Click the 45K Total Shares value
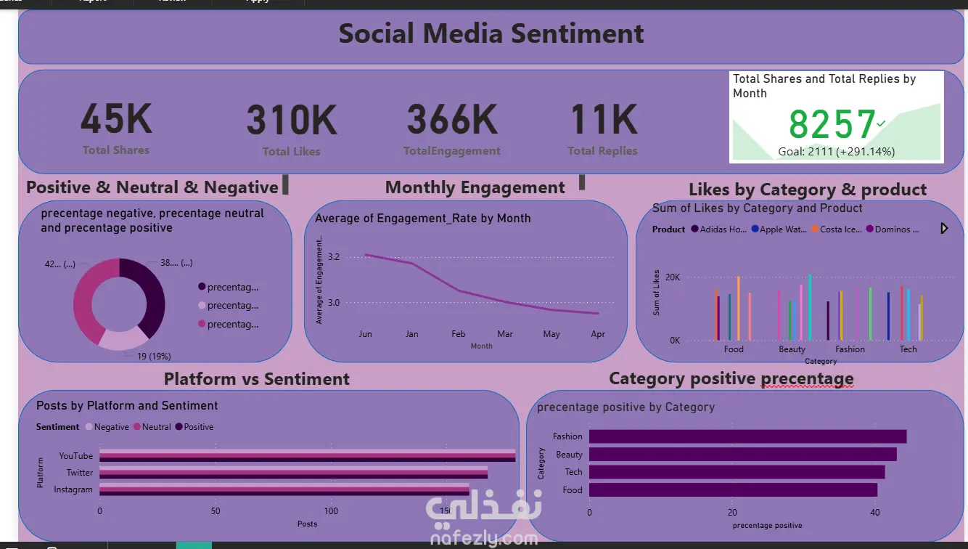116,120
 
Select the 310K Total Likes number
292,121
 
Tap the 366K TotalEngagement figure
452,120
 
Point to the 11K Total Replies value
603,120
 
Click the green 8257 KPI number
832,124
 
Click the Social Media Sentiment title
491,33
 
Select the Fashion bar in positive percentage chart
747,436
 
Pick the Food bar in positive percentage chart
733,490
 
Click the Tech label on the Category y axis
573,472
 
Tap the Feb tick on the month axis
458,334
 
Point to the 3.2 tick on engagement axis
334,257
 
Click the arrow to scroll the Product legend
944,229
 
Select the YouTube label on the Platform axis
75,456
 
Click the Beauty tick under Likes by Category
792,349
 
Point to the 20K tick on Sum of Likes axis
673,277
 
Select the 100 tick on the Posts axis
331,511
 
